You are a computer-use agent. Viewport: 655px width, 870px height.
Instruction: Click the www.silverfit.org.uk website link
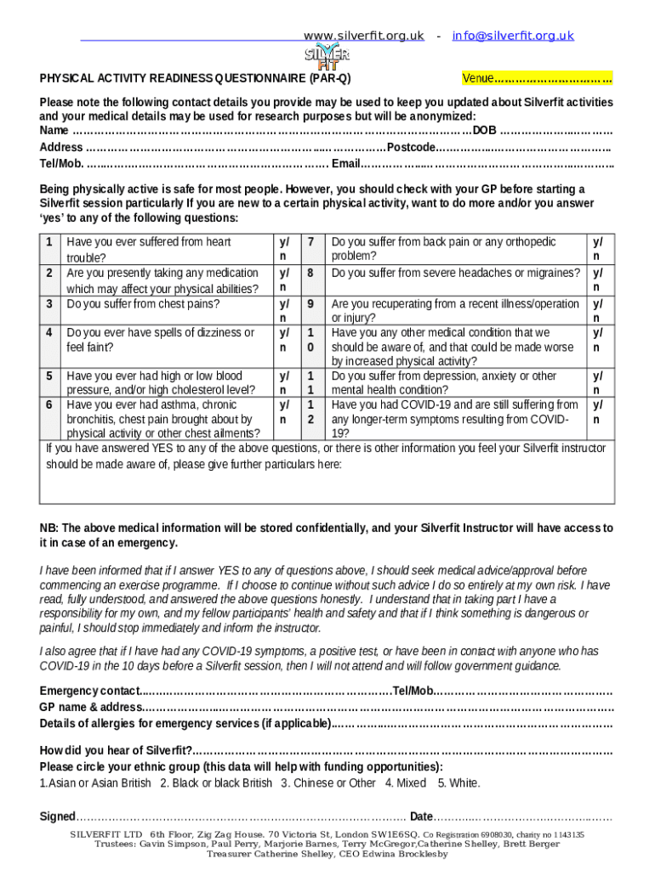pos(363,36)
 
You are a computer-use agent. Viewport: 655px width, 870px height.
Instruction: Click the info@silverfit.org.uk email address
pos(513,36)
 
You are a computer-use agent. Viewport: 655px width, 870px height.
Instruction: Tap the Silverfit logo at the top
pos(327,57)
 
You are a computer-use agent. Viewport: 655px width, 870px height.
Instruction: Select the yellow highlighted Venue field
pos(536,79)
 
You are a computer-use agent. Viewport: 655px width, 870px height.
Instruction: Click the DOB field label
pos(485,130)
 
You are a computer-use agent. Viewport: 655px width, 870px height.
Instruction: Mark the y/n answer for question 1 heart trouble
pos(283,249)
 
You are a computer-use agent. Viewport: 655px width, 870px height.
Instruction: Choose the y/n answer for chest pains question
pos(283,310)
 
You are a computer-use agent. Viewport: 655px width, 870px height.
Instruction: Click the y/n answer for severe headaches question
pos(598,280)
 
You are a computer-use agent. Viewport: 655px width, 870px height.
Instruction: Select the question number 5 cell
pos(49,376)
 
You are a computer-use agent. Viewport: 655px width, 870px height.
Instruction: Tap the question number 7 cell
pos(312,242)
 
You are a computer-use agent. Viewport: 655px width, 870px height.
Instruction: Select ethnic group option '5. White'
pos(458,783)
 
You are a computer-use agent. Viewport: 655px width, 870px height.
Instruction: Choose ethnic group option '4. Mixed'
pos(406,783)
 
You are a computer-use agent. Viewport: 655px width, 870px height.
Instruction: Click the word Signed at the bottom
pos(58,816)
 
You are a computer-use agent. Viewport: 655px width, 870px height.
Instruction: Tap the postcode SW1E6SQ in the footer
pos(395,835)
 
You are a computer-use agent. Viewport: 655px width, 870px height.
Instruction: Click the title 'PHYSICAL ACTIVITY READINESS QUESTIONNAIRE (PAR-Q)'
pos(195,79)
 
